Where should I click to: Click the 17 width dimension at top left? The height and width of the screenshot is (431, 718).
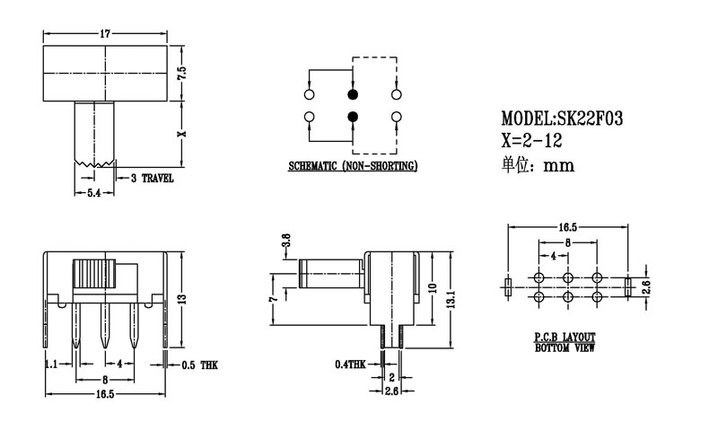coord(105,34)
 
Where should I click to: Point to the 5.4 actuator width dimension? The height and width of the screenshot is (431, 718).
coord(92,193)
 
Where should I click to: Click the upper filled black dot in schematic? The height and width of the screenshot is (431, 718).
coord(353,94)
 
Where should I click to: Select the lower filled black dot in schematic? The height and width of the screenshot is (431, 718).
coord(353,117)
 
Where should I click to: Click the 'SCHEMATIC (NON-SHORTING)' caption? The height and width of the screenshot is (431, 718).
coord(353,166)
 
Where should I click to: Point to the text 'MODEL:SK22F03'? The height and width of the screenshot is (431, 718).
coord(561,119)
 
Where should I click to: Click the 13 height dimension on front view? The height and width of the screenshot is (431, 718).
coord(181,299)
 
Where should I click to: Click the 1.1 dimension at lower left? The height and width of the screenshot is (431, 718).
coord(51,365)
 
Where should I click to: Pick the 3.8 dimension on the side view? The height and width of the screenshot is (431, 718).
coord(286,242)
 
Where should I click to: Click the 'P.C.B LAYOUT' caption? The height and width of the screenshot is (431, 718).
coord(565,338)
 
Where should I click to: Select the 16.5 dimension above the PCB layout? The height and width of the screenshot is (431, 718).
coord(567,228)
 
